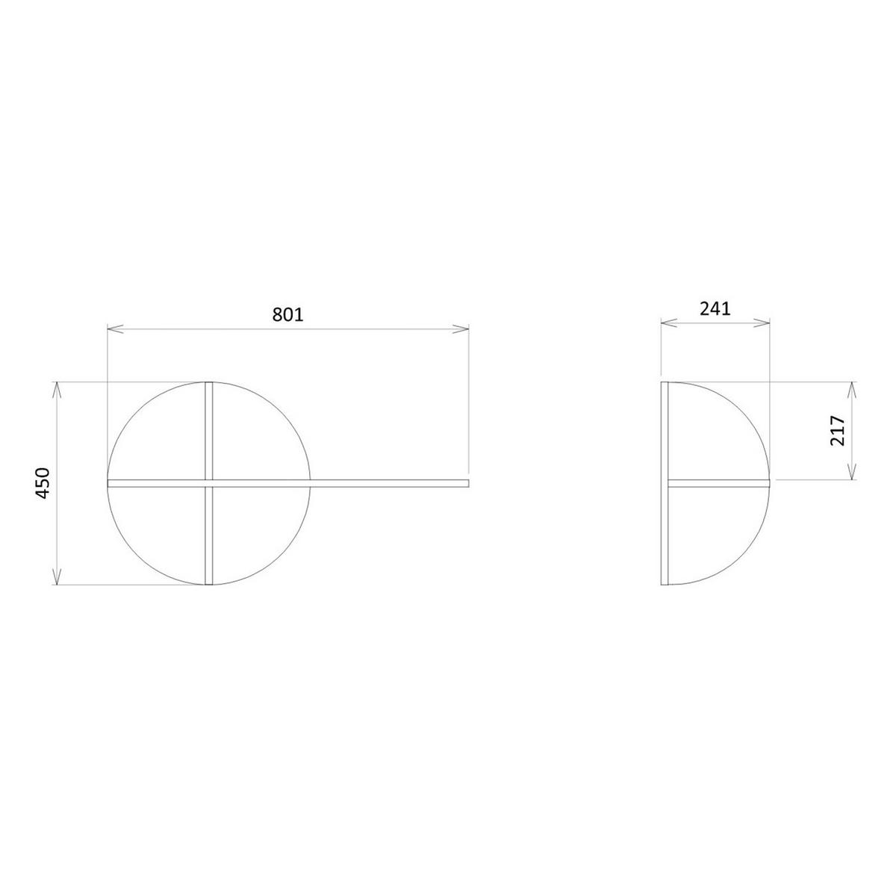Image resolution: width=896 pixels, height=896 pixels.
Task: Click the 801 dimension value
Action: tap(287, 315)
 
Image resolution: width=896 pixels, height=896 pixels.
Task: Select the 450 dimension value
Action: tap(43, 483)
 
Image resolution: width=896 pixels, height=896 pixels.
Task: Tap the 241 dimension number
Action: tap(715, 308)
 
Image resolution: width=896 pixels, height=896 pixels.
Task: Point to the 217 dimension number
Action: tap(838, 431)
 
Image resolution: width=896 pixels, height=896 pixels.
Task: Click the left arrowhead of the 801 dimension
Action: tap(115, 329)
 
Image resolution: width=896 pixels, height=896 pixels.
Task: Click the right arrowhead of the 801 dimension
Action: tap(461, 329)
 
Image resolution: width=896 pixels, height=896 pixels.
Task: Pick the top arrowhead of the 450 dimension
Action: tap(56, 390)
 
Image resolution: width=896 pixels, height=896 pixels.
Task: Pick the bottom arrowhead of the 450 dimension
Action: tap(56, 576)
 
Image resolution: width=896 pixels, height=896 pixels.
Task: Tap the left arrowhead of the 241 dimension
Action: tap(668, 323)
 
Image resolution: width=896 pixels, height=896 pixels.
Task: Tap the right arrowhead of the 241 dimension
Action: tap(762, 323)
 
